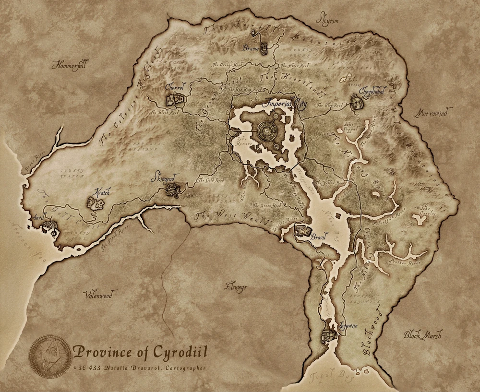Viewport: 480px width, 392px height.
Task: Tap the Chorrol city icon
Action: point(175,100)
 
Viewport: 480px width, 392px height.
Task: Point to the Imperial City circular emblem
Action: point(265,130)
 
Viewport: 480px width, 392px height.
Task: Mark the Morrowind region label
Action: point(430,113)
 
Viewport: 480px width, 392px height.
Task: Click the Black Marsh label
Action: point(422,334)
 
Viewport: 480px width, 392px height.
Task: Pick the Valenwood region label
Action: point(98,295)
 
